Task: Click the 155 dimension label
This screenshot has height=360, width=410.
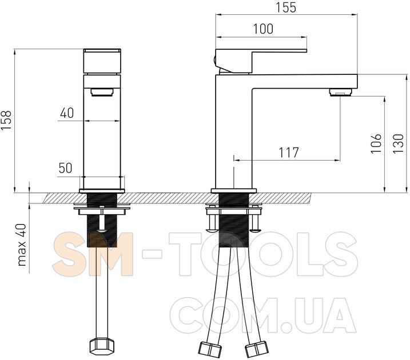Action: click(286, 7)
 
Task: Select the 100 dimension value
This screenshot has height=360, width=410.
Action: click(263, 29)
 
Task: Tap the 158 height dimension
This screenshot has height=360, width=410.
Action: click(6, 120)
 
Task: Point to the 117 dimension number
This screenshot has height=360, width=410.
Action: click(288, 153)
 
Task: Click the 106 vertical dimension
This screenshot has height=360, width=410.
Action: click(376, 143)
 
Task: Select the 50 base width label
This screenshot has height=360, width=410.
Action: click(65, 168)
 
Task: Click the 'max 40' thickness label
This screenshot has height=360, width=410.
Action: click(22, 245)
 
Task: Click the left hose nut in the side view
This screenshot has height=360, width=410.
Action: click(210, 350)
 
